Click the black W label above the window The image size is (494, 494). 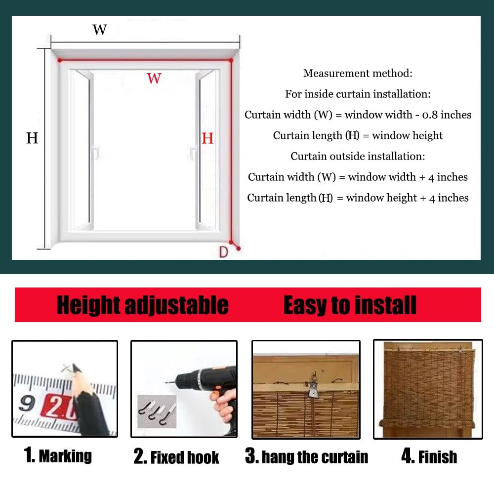click(x=100, y=30)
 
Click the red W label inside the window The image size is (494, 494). click(x=154, y=78)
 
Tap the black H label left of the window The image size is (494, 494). click(x=32, y=138)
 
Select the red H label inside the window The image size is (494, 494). click(x=207, y=138)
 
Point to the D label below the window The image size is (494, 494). click(x=223, y=252)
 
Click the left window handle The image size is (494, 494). click(x=96, y=152)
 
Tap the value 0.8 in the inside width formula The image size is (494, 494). click(x=430, y=115)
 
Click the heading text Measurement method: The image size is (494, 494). click(x=358, y=74)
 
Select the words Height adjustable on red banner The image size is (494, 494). click(x=143, y=305)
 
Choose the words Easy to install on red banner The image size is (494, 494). click(x=350, y=305)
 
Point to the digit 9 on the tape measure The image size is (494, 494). click(x=27, y=403)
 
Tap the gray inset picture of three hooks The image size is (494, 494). click(x=157, y=411)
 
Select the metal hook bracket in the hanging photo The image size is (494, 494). click(x=314, y=386)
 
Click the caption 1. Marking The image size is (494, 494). click(x=58, y=455)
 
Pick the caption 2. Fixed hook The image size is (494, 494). click(x=176, y=457)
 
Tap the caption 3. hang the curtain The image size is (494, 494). click(x=307, y=456)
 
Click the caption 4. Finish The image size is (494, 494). click(x=429, y=456)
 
